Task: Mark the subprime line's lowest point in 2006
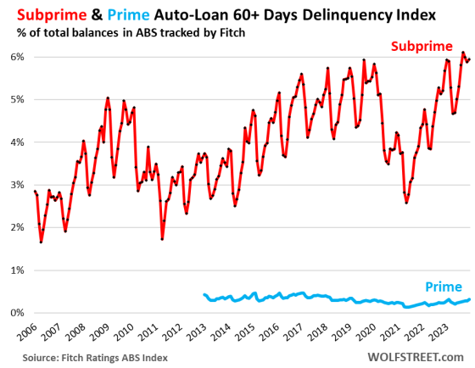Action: pos(41,243)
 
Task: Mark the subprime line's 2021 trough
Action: pos(407,204)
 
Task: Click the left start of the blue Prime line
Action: pos(204,294)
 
